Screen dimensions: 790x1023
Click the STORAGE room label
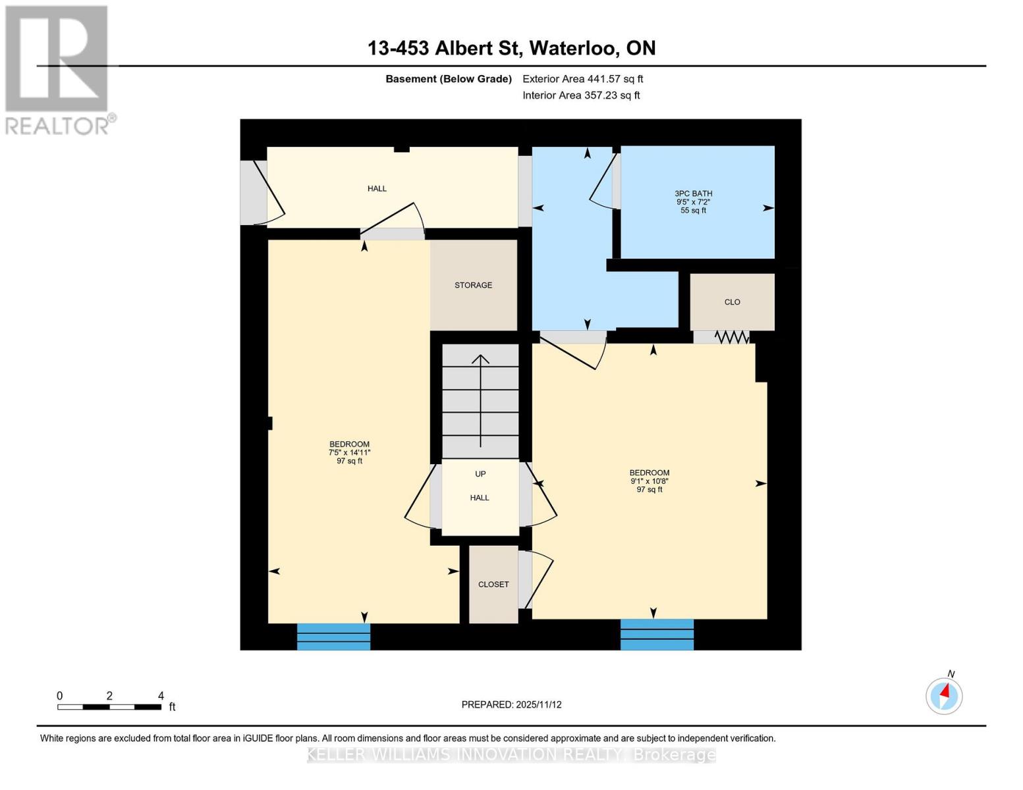tap(473, 285)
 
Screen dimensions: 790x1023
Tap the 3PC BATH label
tap(693, 194)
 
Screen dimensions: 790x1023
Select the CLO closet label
tap(732, 302)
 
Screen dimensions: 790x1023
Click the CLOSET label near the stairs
tap(493, 585)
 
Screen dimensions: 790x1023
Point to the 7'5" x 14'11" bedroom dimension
tap(349, 453)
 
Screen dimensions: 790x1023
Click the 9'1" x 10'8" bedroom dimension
tap(649, 481)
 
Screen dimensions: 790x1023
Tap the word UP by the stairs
tap(480, 474)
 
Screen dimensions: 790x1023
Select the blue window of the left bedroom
tap(333, 637)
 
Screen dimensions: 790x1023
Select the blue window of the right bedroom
tap(657, 635)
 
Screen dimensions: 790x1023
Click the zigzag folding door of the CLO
tap(731, 337)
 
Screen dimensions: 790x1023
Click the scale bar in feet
tap(109, 707)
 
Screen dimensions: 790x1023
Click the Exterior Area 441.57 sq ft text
tap(582, 79)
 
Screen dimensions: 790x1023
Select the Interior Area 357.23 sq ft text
tap(581, 95)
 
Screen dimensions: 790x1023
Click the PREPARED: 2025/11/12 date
tap(511, 704)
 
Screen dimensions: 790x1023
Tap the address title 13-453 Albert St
tap(511, 48)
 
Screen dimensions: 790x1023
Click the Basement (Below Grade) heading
tap(448, 79)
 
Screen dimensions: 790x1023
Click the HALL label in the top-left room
tap(377, 189)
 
